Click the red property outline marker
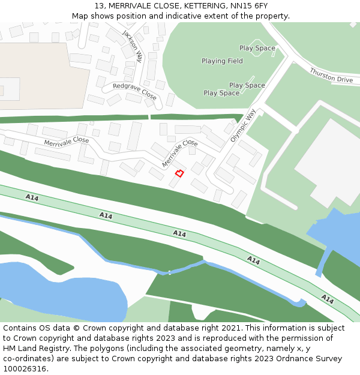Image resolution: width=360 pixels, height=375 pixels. [179, 173]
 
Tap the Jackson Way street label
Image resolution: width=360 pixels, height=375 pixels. [133, 46]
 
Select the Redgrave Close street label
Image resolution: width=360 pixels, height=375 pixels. [134, 91]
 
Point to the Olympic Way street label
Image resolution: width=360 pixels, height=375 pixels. [243, 125]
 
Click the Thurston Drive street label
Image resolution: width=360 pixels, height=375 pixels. [331, 76]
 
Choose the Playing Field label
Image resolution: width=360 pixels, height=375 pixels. [222, 61]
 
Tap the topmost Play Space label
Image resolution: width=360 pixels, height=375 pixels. [257, 48]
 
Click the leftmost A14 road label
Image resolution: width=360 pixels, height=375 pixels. [32, 197]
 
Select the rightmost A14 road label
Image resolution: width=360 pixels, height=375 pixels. [327, 298]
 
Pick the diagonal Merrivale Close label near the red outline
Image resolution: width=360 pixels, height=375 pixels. [179, 153]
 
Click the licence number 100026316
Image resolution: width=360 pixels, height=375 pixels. [23, 369]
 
